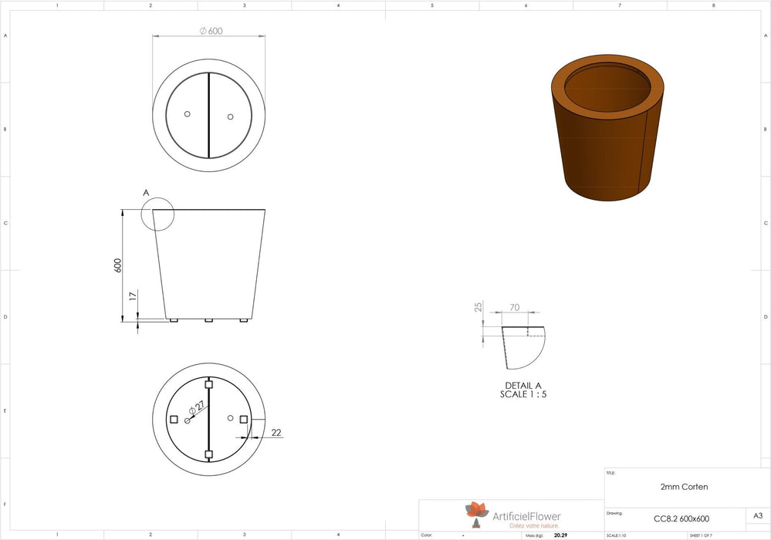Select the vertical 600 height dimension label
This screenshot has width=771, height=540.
pos(118,265)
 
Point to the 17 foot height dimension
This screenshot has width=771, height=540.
pos(133,295)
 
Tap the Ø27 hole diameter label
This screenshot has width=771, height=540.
pos(199,407)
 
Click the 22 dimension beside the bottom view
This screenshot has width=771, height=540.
pos(276,433)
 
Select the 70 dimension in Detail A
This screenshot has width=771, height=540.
pos(514,308)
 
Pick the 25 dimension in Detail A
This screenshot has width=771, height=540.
pos(478,308)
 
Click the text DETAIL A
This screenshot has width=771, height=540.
pos(522,386)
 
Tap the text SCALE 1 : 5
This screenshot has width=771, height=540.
pos(522,394)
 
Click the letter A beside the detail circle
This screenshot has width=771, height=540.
pos(146,192)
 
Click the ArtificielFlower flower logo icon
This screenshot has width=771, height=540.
pos(476,511)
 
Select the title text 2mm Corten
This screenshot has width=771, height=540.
pos(684,487)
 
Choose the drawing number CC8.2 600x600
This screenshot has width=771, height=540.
pos(681,518)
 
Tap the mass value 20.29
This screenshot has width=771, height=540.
pos(560,535)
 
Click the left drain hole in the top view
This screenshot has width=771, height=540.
pos(188,114)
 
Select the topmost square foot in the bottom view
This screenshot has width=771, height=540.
pos(208,383)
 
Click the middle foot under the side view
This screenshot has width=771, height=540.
pos(208,320)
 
